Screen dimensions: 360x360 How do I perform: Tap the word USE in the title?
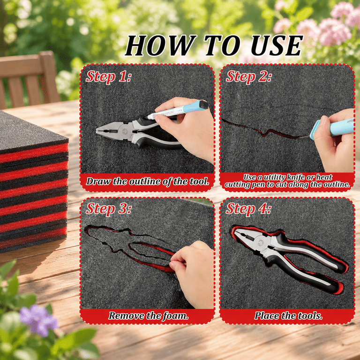[x=277, y=45]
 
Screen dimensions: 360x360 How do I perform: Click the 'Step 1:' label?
[x=108, y=77]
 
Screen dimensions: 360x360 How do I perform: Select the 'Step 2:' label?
[x=248, y=77]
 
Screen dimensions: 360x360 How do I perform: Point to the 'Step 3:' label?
[x=108, y=209]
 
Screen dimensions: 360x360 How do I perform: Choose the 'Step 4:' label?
[x=248, y=209]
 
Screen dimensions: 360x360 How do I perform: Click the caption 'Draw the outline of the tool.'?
[x=148, y=181]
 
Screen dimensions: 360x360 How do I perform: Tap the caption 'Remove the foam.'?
[x=148, y=315]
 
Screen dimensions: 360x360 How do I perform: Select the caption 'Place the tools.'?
[x=288, y=315]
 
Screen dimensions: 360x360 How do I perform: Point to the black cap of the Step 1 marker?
[x=203, y=105]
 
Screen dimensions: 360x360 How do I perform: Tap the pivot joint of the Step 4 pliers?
[x=260, y=243]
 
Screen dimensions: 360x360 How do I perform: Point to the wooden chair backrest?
[x=29, y=79]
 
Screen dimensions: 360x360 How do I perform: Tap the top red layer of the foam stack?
[x=34, y=152]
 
